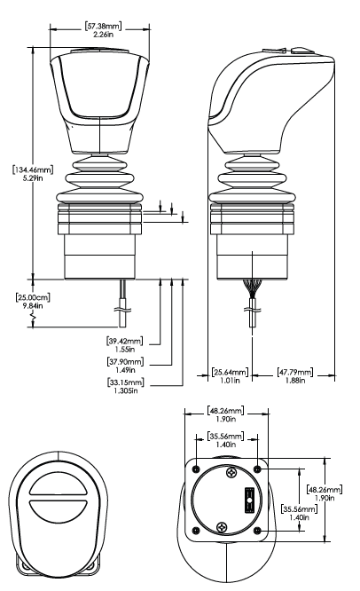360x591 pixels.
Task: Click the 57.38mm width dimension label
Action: point(103,27)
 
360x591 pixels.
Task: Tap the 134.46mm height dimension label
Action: point(33,169)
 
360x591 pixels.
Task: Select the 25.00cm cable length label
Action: point(33,297)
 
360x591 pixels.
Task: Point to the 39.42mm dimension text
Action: point(125,341)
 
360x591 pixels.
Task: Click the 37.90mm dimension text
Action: point(125,362)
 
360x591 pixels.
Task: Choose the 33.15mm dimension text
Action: point(125,382)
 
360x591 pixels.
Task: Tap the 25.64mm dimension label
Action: point(230,373)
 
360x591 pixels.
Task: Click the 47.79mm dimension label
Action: point(295,373)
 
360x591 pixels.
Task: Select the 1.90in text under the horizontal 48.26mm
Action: point(226,419)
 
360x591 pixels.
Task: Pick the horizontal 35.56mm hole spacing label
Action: point(226,436)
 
